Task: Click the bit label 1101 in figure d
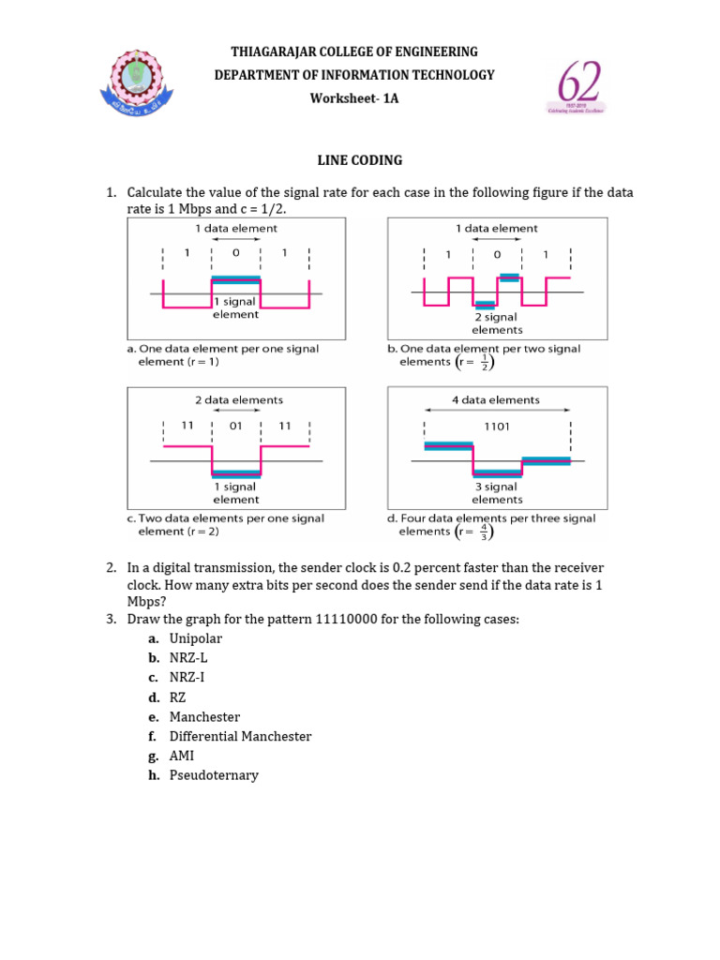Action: (497, 426)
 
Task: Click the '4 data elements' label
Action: (497, 399)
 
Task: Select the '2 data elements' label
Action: (239, 399)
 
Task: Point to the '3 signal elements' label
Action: (497, 493)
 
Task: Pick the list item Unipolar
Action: (196, 637)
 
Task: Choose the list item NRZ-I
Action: (187, 677)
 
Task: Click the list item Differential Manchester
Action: (240, 736)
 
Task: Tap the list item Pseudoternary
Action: (214, 775)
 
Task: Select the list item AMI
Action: (182, 756)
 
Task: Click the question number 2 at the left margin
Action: (111, 567)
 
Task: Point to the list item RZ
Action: (178, 697)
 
